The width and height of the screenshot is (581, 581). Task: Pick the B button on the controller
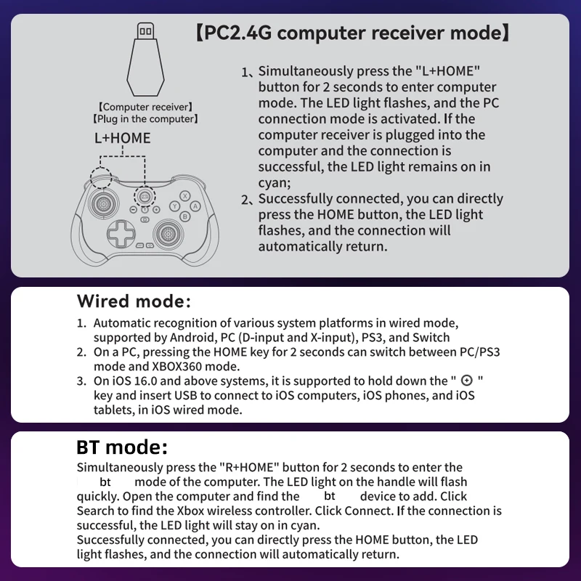[185, 216]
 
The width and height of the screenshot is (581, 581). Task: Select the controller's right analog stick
[168, 234]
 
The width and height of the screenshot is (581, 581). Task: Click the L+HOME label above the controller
[123, 137]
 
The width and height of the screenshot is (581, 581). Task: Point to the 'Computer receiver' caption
[145, 107]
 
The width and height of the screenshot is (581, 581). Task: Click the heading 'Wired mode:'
[134, 301]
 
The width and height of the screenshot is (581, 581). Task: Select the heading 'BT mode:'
[122, 447]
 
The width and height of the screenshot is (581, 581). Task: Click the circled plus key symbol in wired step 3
[466, 381]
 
